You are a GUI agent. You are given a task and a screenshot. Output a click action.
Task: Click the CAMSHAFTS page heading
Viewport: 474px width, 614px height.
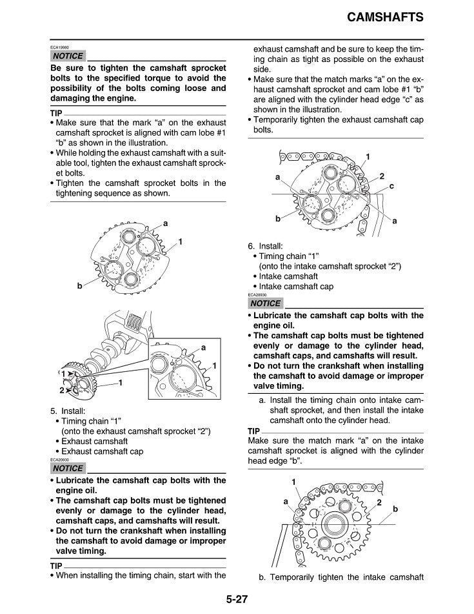pyautogui.click(x=384, y=17)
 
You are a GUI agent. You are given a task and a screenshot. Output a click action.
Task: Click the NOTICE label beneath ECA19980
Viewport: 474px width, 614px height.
pyautogui.click(x=66, y=57)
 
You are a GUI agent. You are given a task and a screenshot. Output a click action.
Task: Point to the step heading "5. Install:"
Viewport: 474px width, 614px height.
pyautogui.click(x=66, y=410)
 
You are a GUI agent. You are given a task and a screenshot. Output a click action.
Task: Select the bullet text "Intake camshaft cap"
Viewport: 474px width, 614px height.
pyautogui.click(x=296, y=286)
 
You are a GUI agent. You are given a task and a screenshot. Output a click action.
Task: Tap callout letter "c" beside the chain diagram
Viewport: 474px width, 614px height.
pyautogui.click(x=391, y=186)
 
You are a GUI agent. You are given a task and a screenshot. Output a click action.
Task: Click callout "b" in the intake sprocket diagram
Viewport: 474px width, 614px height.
pyautogui.click(x=395, y=509)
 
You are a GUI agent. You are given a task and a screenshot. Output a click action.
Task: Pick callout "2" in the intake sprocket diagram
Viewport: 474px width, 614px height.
pyautogui.click(x=380, y=502)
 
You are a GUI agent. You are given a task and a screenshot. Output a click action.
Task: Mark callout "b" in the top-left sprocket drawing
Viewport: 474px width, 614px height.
pyautogui.click(x=79, y=285)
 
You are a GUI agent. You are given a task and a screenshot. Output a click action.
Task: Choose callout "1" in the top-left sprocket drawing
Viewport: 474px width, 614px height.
pyautogui.click(x=181, y=241)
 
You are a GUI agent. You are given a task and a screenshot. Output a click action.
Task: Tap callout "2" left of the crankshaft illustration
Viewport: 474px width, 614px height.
pyautogui.click(x=63, y=390)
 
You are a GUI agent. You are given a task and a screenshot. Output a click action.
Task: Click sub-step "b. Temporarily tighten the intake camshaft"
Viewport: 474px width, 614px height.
pyautogui.click(x=341, y=577)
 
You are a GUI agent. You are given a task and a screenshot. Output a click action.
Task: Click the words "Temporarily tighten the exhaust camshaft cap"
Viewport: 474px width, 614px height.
pyautogui.click(x=335, y=125)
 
